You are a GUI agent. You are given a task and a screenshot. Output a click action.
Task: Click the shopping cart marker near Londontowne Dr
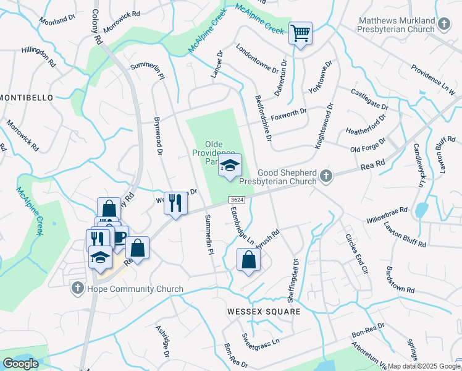(300, 33)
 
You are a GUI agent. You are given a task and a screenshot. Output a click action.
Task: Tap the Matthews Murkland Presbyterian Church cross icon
(443, 25)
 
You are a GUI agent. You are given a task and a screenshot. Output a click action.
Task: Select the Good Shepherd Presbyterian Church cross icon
(327, 177)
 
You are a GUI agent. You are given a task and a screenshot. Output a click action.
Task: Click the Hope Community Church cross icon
(77, 288)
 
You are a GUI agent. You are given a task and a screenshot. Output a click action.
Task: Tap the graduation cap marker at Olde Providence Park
(230, 166)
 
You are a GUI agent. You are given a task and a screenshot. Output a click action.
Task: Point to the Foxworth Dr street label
(289, 112)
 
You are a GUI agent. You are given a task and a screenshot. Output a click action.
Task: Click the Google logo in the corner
(20, 364)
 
